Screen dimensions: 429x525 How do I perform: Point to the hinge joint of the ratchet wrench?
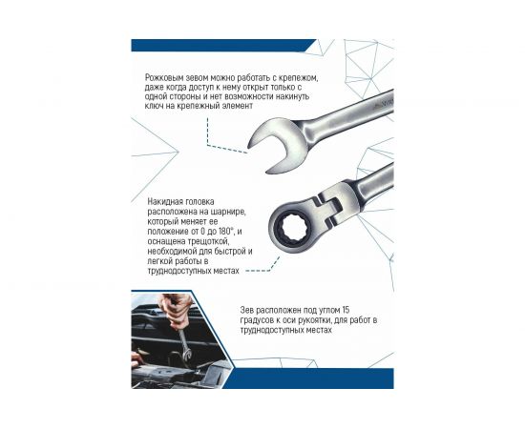tap(330, 202)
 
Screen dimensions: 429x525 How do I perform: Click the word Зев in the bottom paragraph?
tap(249, 310)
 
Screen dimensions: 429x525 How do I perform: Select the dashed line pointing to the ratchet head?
tap(255, 271)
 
